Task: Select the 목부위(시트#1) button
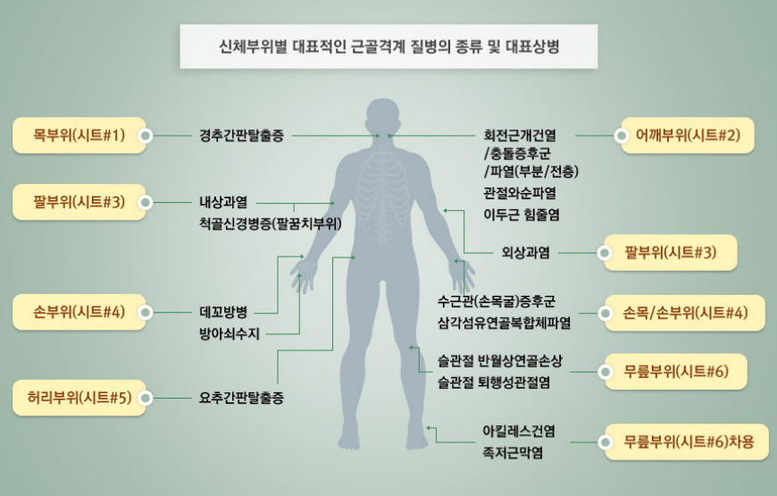click(78, 136)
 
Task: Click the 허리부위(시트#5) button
click(79, 398)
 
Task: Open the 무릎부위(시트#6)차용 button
click(689, 441)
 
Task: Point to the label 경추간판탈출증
click(241, 136)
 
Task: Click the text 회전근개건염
click(520, 136)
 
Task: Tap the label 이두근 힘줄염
click(522, 214)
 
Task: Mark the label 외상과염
click(525, 253)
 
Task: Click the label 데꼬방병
click(223, 313)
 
